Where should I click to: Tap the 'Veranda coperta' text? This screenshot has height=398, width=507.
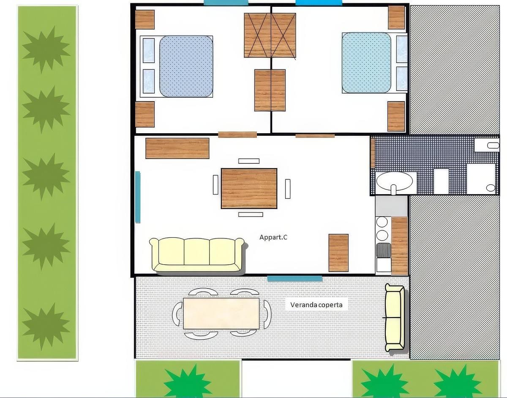pos(316,305)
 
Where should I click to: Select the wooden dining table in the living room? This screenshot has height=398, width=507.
pos(249,188)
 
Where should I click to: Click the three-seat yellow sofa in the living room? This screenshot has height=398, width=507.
pos(197,255)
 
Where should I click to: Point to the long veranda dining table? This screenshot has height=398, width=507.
pos(221,313)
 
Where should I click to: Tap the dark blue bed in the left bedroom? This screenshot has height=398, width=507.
pos(186,66)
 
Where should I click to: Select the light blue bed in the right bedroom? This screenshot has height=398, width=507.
pos(366,63)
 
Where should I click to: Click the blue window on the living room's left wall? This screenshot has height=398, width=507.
pos(138,197)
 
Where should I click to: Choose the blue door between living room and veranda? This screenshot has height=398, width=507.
pos(294,278)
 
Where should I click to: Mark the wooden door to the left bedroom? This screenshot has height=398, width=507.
pos(237,134)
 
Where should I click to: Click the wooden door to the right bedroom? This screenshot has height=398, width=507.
pos(315,135)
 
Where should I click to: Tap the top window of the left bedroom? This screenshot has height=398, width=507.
pos(226,3)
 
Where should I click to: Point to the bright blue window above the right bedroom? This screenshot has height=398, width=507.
pos(319,3)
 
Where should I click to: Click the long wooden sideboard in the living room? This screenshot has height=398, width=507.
pos(177,148)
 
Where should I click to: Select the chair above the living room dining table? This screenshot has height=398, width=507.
pos(249,161)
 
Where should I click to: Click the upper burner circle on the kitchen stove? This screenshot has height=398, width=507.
pos(382,222)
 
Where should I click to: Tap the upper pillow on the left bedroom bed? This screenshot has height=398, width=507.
pos(148,50)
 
